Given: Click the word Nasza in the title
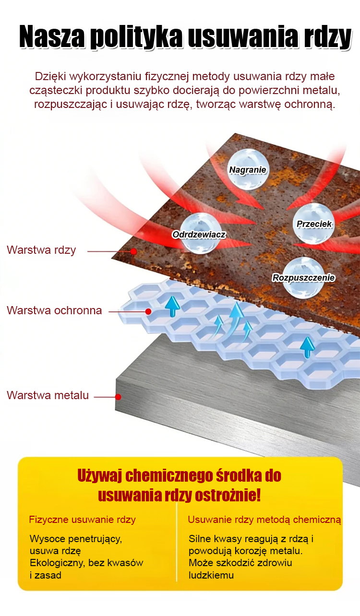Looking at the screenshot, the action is tap(51, 36).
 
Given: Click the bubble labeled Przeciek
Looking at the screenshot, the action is tap(314, 224).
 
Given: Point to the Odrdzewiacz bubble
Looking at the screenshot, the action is tap(201, 234).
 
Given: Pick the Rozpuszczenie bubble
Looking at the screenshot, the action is tap(303, 277).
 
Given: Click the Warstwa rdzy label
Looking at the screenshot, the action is tap(41, 250).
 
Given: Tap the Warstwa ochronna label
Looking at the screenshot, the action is tap(54, 310).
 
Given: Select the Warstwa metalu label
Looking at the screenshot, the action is tap(48, 395).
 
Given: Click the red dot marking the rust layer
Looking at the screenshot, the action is tap(134, 251).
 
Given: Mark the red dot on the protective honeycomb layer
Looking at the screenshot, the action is tap(148, 311).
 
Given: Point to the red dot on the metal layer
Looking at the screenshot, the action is tap(119, 397).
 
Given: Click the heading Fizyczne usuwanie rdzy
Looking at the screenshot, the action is tap(82, 520).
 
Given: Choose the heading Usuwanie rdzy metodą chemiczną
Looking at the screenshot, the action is tap(264, 520).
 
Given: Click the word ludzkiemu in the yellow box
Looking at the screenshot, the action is tap(211, 575).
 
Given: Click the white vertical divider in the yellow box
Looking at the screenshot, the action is tap(177, 542).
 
